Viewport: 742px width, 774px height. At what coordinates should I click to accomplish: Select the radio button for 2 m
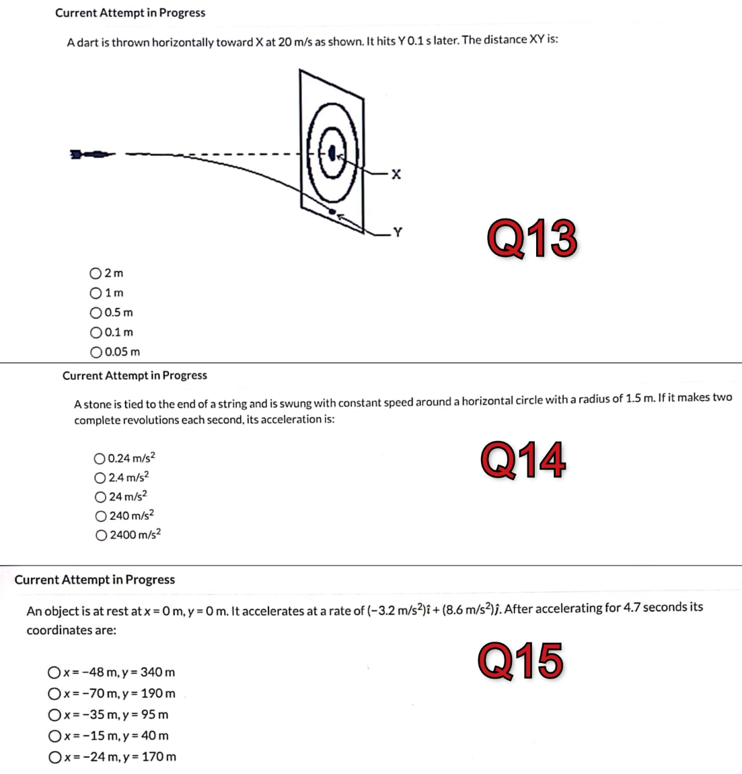(x=96, y=273)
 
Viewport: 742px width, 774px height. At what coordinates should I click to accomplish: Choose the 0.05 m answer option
(x=96, y=352)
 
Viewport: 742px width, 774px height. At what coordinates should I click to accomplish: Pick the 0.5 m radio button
(x=96, y=313)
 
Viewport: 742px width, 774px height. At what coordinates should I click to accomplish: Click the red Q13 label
(x=532, y=239)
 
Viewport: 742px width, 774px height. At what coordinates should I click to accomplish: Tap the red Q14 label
(x=523, y=461)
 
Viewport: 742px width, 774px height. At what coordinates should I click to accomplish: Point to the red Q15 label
(x=521, y=660)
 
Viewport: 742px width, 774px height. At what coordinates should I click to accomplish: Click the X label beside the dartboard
(x=396, y=175)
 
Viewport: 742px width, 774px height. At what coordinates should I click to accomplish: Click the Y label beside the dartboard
(x=397, y=233)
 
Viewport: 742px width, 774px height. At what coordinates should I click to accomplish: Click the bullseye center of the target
(x=332, y=153)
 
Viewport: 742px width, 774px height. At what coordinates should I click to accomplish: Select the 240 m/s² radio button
(x=101, y=516)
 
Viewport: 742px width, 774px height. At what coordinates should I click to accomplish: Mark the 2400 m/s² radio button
(x=101, y=535)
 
